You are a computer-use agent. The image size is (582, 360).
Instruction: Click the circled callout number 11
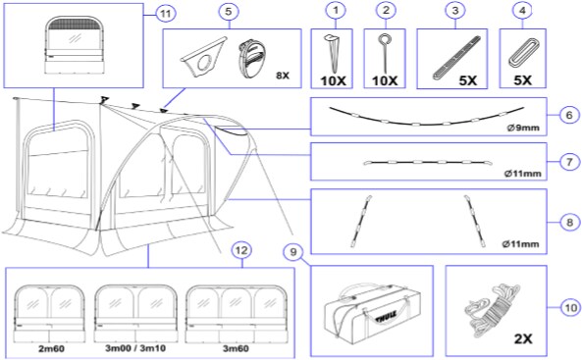[x=165, y=14]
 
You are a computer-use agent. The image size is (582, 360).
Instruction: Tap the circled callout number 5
[x=229, y=12]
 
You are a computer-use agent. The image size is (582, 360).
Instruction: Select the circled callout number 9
[x=293, y=252]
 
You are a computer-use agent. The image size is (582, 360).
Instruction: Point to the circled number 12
[x=241, y=250]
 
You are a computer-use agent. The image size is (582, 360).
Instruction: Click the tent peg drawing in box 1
[x=333, y=52]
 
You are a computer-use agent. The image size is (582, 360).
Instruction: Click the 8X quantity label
[x=283, y=76]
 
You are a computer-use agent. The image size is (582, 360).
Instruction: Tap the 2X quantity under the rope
[x=523, y=338]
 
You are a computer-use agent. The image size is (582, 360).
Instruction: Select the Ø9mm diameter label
[x=523, y=129]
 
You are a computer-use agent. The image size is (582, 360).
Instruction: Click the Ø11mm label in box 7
[x=522, y=174]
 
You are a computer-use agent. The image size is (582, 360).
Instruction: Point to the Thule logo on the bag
[x=386, y=317]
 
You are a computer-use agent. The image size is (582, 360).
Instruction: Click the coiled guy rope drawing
[x=492, y=310]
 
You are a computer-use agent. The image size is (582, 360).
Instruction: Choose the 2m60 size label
[x=51, y=349]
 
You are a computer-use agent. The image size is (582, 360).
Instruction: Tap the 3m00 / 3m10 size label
[x=135, y=348]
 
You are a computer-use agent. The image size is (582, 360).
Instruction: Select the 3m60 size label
[x=236, y=349]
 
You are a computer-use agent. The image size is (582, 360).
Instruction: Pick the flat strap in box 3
[x=456, y=58]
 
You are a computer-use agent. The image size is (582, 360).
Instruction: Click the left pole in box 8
[x=361, y=222]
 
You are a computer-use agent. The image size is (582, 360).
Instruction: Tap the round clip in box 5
[x=252, y=58]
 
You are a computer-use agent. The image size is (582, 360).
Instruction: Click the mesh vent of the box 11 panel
[x=74, y=26]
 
